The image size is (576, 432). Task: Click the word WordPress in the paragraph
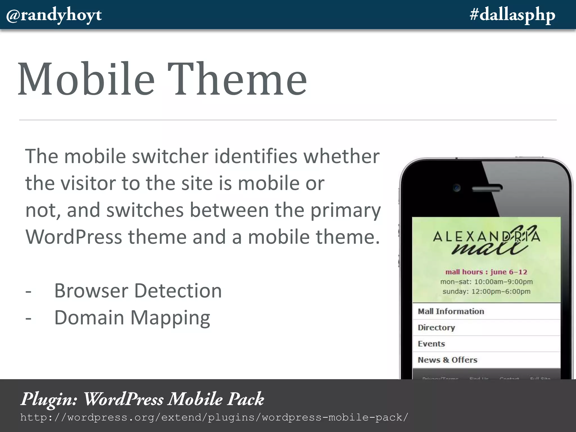click(x=74, y=237)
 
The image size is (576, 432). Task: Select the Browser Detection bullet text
click(x=138, y=291)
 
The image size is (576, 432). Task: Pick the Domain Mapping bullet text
click(x=132, y=318)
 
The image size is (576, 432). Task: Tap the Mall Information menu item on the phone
click(x=451, y=311)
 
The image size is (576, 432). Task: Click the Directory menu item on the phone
click(x=436, y=328)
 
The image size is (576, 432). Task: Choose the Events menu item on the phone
click(x=431, y=344)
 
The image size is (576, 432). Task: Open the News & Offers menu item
click(x=447, y=360)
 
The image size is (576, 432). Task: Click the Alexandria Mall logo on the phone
click(x=486, y=240)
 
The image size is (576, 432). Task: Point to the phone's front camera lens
click(x=457, y=188)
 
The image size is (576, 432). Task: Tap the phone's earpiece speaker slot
click(x=487, y=188)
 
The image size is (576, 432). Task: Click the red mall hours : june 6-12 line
click(x=486, y=272)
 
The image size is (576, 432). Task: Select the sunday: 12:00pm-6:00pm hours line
click(x=486, y=292)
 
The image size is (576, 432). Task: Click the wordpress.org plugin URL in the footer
click(x=214, y=417)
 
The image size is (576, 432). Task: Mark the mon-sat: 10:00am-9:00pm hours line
click(x=486, y=282)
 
